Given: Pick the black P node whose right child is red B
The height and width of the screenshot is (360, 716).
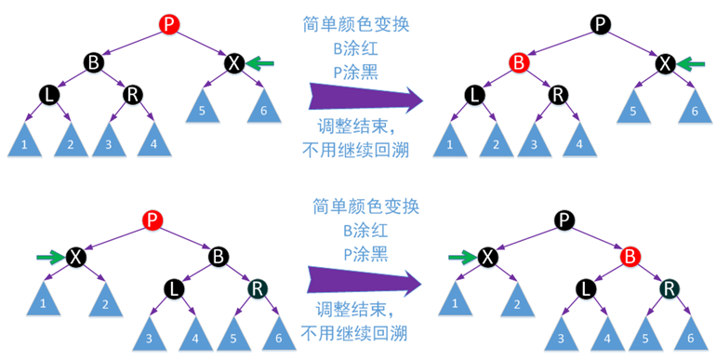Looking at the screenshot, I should pos(564,220).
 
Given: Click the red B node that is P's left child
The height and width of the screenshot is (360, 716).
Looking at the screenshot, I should pos(519,63).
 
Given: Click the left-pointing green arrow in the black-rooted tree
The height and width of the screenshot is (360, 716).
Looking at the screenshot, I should pos(690,63).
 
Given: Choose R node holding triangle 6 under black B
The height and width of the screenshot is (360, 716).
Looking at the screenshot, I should pos(256,289).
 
